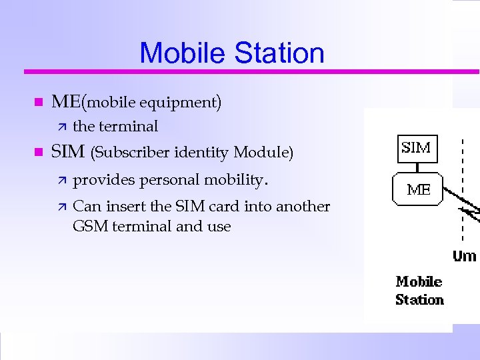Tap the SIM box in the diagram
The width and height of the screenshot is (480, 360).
(x=417, y=148)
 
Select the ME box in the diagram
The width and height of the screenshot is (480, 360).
(x=419, y=189)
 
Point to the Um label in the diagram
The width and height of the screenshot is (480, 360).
(x=465, y=256)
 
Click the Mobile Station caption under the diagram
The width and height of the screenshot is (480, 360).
(x=419, y=291)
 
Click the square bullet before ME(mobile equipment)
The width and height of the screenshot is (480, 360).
(x=37, y=103)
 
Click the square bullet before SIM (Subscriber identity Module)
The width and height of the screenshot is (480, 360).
(x=37, y=153)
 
